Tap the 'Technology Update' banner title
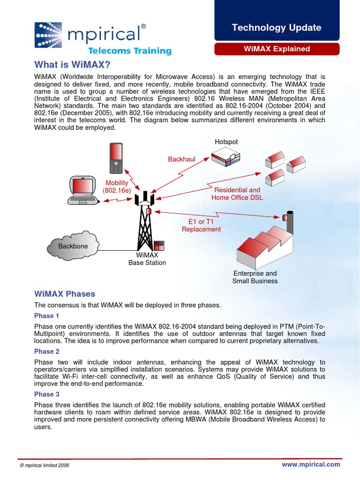(x=277, y=28)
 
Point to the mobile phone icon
(x=115, y=158)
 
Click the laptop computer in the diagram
(x=82, y=191)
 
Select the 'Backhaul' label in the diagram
(x=181, y=159)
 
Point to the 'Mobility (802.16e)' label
(x=117, y=187)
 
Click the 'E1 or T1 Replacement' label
(x=201, y=225)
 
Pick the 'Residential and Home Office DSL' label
(x=237, y=194)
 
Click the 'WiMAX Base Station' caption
(x=147, y=259)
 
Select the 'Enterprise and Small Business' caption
(x=255, y=277)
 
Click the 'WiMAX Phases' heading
(x=65, y=294)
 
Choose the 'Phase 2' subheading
(x=47, y=352)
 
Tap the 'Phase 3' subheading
(x=47, y=394)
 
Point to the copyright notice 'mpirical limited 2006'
(x=45, y=465)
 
